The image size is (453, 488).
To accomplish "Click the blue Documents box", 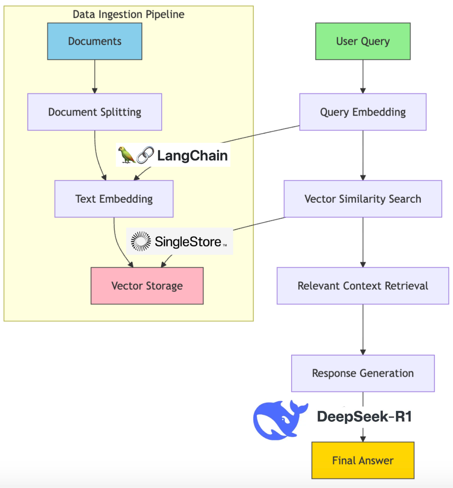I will point(94,41).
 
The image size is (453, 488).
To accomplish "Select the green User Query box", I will point(363,41).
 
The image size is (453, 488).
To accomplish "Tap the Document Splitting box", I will point(94,112).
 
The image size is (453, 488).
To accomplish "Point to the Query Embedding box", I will point(363,112).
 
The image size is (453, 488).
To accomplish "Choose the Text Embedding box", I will point(114,199).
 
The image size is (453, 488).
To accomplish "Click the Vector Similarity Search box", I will point(363,199).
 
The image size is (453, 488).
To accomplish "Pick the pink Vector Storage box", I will point(147,286).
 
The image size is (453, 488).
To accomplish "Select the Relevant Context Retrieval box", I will point(363,286).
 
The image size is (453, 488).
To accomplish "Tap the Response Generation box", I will point(363,373).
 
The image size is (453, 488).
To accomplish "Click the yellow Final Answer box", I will point(363,460).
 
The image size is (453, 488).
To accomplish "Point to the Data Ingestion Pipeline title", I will point(128,14).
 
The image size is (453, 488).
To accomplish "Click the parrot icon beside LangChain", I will point(126,155).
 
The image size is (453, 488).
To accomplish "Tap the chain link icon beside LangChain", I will point(145,155).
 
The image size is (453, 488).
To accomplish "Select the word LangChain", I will point(192,155).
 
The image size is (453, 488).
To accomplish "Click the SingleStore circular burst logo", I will point(141,241).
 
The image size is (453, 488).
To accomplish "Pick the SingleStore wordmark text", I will point(188,242).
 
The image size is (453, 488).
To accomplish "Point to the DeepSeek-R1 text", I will point(364,416).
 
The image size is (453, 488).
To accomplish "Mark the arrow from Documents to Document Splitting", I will point(94,76).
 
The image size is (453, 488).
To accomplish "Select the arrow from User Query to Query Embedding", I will point(363,76).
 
